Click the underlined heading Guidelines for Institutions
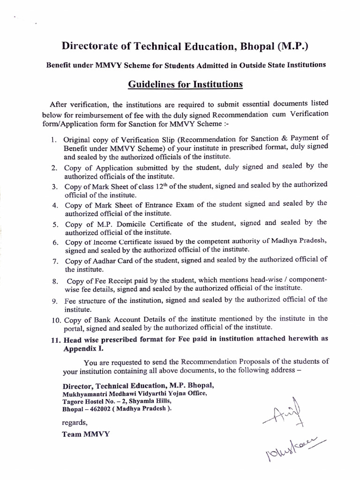click(185, 84)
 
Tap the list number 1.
click(54, 140)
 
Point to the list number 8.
click(54, 282)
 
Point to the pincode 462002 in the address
click(99, 408)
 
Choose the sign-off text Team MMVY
click(86, 434)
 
